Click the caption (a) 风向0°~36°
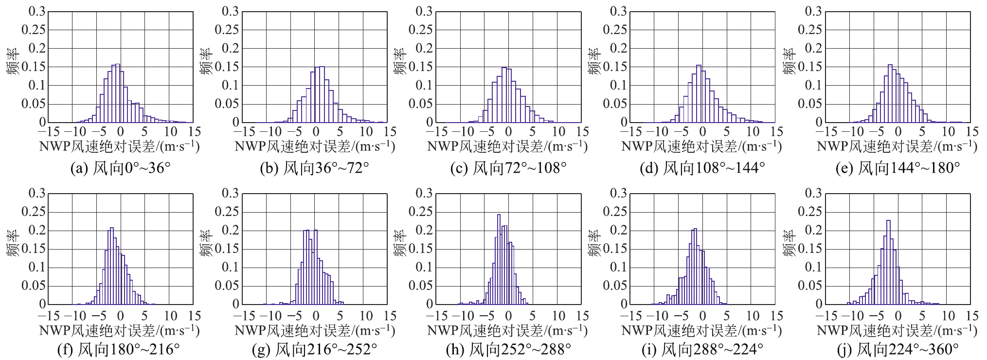click(121, 168)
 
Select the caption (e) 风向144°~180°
click(897, 168)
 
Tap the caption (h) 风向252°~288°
click(508, 349)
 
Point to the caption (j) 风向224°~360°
click(897, 349)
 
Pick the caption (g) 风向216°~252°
click(315, 349)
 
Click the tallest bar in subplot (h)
click(499, 259)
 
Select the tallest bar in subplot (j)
click(888, 262)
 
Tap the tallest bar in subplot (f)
click(112, 266)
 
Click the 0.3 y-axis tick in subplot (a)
click(37, 11)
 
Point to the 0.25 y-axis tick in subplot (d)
click(616, 30)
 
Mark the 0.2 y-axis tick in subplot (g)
click(231, 230)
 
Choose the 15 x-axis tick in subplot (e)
click(972, 132)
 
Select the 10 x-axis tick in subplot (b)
click(366, 132)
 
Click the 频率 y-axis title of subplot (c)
click(400, 61)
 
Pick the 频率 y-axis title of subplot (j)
click(789, 243)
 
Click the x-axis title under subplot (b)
click(315, 146)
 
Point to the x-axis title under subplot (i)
click(701, 331)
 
